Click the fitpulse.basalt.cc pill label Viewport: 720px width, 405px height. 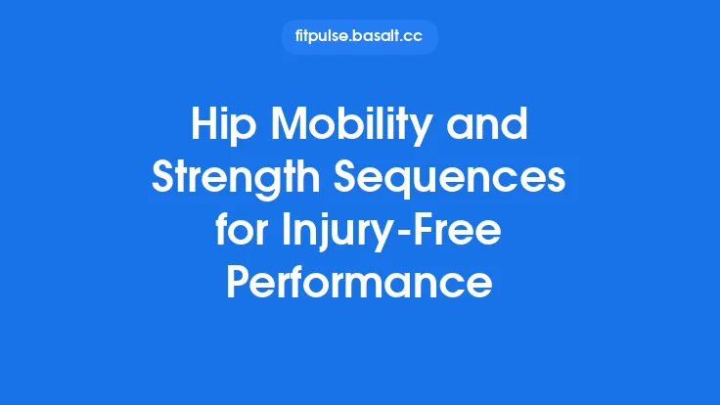(359, 37)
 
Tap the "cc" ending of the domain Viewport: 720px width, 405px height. (416, 37)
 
